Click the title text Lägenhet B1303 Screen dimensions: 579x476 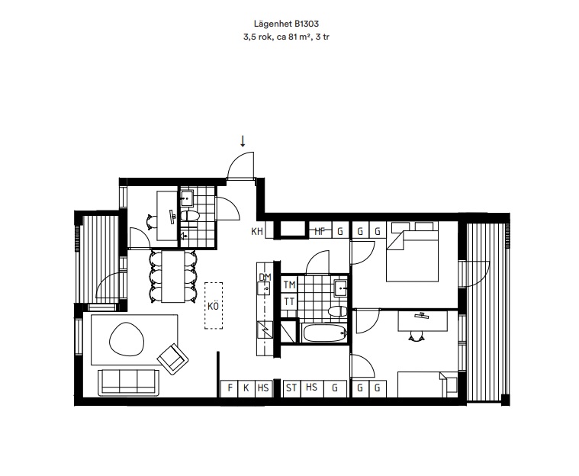(x=286, y=24)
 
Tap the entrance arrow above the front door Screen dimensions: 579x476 (x=243, y=141)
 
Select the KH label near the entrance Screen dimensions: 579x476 (x=257, y=232)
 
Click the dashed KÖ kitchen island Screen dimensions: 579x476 (x=214, y=306)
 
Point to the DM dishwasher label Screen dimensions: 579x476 (x=265, y=278)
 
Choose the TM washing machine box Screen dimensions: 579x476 (x=290, y=285)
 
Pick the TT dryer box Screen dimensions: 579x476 (x=290, y=302)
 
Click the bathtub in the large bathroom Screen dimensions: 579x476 (x=325, y=333)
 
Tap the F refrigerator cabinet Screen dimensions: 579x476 (x=230, y=388)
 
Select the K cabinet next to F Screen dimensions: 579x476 (x=246, y=388)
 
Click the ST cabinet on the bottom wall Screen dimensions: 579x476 (x=291, y=388)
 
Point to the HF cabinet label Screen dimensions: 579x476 (x=320, y=232)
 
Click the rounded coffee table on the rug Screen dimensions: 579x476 (x=127, y=339)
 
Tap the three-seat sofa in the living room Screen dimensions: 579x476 (x=128, y=382)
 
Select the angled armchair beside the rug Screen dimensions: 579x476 (x=173, y=359)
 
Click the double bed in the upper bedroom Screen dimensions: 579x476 (x=413, y=252)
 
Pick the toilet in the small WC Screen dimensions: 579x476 (x=190, y=216)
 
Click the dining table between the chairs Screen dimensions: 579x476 (x=173, y=276)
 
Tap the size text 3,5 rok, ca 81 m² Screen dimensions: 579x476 (x=276, y=37)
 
